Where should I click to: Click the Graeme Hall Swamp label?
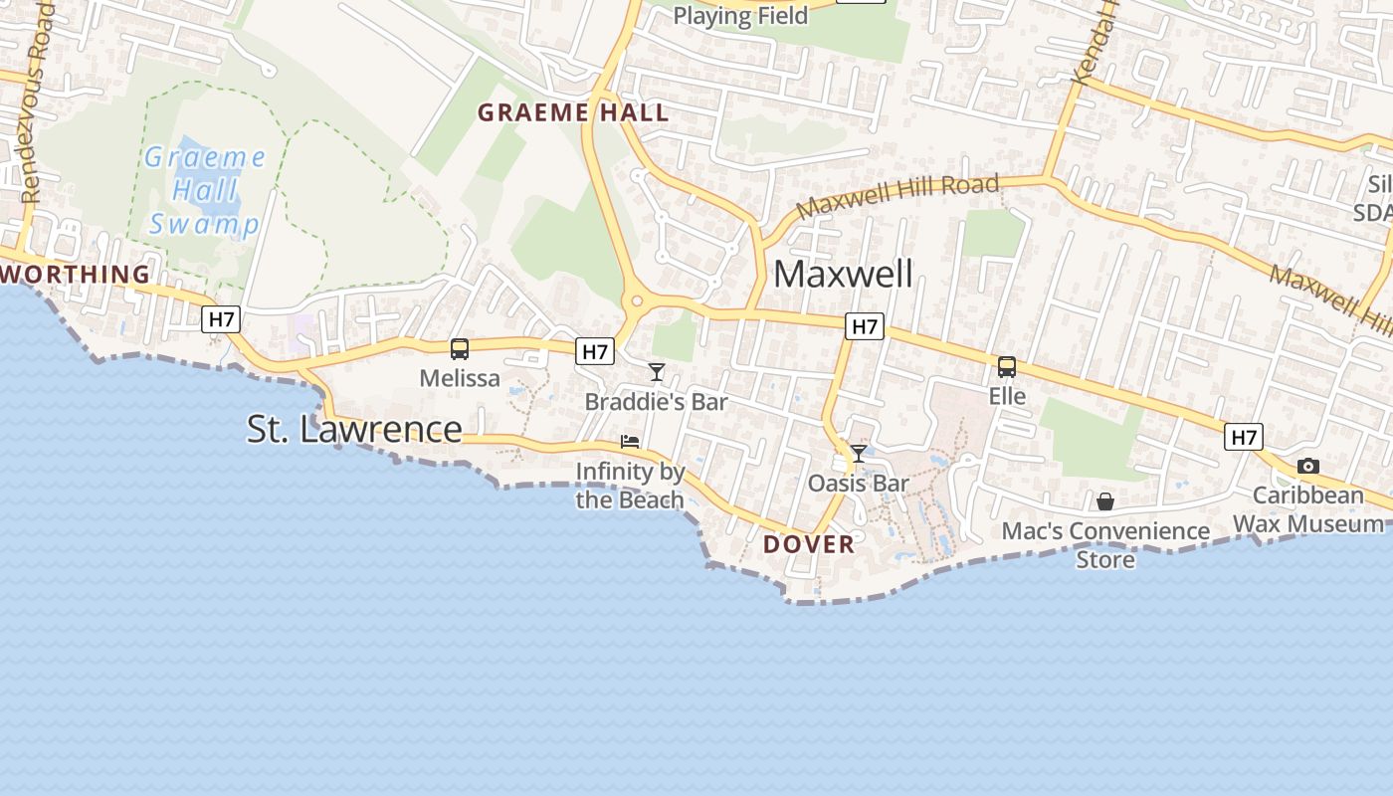click(205, 190)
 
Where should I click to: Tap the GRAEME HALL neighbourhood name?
click(573, 112)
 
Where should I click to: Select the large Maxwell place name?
click(843, 274)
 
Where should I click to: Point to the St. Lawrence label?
click(354, 429)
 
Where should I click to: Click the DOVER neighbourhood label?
click(809, 544)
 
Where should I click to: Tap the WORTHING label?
click(76, 274)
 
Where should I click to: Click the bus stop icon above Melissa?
click(460, 349)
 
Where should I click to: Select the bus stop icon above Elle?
click(1007, 367)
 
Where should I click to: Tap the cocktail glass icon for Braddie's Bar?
click(657, 372)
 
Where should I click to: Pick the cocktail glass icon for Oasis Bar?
click(859, 454)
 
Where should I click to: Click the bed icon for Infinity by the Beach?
click(630, 441)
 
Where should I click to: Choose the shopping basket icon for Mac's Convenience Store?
click(1105, 501)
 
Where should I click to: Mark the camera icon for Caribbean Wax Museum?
click(1308, 466)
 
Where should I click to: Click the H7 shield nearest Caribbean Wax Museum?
click(1244, 437)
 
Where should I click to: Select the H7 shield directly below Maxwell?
click(865, 325)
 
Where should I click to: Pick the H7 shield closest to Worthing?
click(221, 319)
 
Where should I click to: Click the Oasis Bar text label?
click(859, 484)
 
